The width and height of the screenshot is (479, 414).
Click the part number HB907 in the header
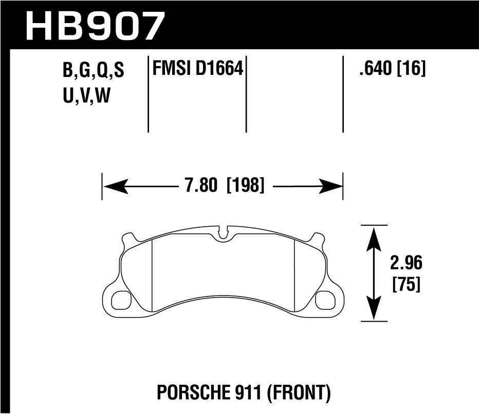(x=95, y=26)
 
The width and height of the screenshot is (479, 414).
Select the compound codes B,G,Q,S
(x=94, y=71)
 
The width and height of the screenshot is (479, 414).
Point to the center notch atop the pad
(x=223, y=232)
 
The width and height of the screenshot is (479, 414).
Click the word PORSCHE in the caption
(x=182, y=393)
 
